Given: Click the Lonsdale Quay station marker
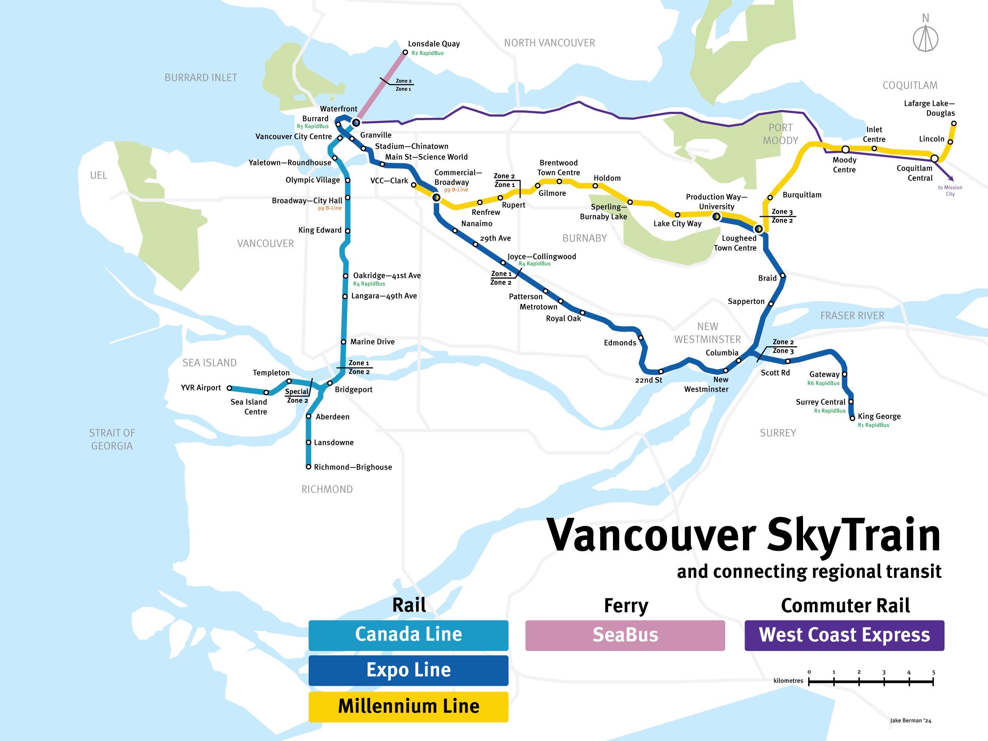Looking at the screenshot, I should [405, 52].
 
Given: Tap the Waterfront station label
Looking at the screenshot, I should [338, 109].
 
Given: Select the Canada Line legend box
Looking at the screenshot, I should [408, 635].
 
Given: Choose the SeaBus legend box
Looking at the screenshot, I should [625, 635].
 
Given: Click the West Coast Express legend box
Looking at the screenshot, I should [844, 635].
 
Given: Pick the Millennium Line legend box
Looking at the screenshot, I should [408, 707].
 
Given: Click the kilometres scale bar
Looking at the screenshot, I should [871, 682].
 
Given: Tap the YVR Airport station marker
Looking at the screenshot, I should [229, 388].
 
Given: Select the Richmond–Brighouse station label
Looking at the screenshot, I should [353, 467].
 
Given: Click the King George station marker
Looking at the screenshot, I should [852, 419].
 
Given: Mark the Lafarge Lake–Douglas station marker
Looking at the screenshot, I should [954, 123].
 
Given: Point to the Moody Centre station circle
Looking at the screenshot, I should [845, 149].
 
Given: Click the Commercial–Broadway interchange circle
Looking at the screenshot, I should [436, 197].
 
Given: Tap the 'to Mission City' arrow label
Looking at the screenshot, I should [950, 191].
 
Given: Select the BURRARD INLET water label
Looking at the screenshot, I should [200, 78].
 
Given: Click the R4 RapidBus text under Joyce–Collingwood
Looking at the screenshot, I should [535, 264].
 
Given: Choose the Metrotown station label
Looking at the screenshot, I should [538, 307].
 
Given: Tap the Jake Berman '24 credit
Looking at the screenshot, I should [910, 720].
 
